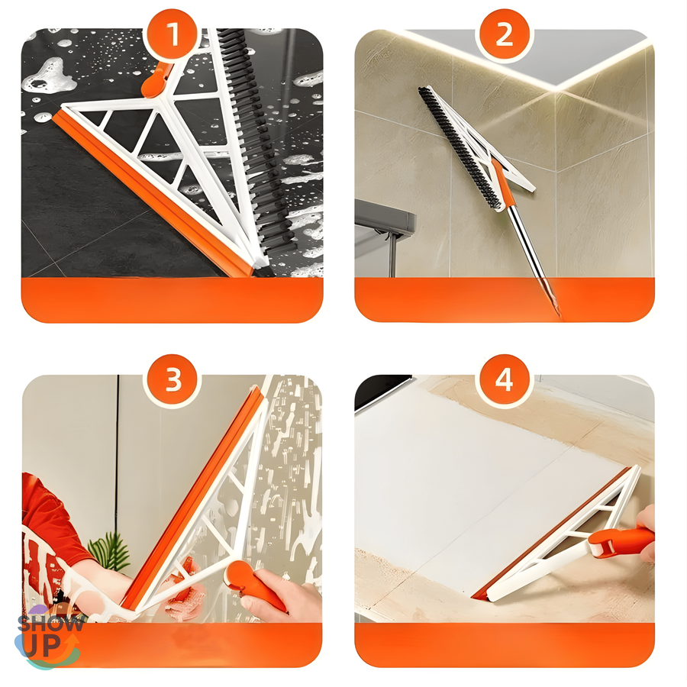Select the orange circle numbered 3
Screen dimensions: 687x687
coord(173,379)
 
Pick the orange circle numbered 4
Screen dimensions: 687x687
coord(504,379)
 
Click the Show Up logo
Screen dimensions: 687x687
coord(48,637)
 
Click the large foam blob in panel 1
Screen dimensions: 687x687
coord(49,76)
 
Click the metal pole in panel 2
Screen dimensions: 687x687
coord(532,259)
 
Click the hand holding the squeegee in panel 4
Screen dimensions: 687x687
coord(647,532)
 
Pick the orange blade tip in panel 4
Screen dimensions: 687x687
coord(479,596)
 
